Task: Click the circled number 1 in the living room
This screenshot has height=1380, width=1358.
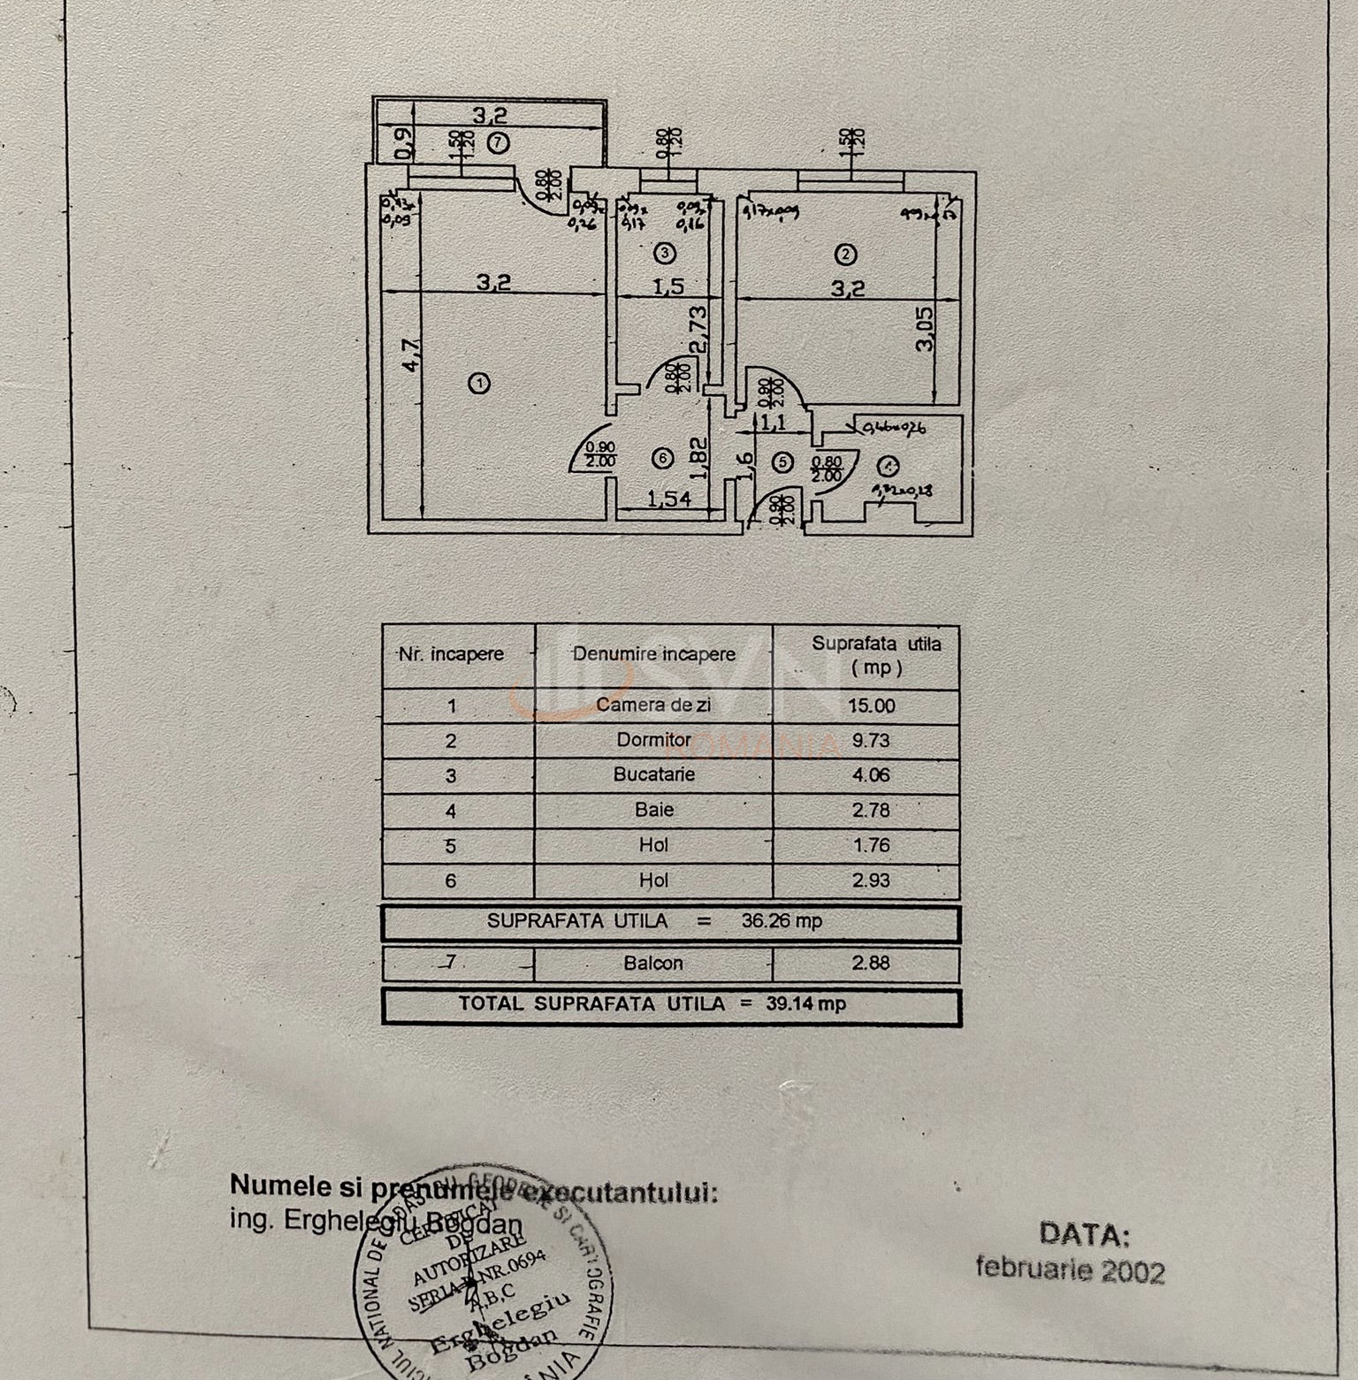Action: click(x=479, y=384)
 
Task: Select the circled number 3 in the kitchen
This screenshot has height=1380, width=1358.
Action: click(x=664, y=254)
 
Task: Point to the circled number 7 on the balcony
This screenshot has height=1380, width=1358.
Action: click(x=500, y=141)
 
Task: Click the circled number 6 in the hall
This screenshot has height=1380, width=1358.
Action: click(x=662, y=458)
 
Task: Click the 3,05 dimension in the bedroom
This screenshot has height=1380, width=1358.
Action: click(x=925, y=328)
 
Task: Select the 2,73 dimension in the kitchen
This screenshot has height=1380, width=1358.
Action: click(x=698, y=330)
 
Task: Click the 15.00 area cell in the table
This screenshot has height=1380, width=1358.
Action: click(x=871, y=705)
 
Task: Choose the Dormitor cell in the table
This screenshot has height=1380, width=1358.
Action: click(x=654, y=740)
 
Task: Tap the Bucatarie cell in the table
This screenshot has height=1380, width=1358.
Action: click(x=654, y=774)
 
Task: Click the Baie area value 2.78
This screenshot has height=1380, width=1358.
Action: click(x=871, y=810)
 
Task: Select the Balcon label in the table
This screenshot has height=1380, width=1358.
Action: click(x=653, y=963)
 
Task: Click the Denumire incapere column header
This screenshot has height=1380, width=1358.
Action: click(x=654, y=654)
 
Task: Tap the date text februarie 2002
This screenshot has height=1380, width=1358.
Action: click(x=1070, y=1269)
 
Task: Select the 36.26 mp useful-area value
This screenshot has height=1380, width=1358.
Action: click(x=782, y=921)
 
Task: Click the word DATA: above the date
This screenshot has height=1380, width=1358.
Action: click(x=1084, y=1234)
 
